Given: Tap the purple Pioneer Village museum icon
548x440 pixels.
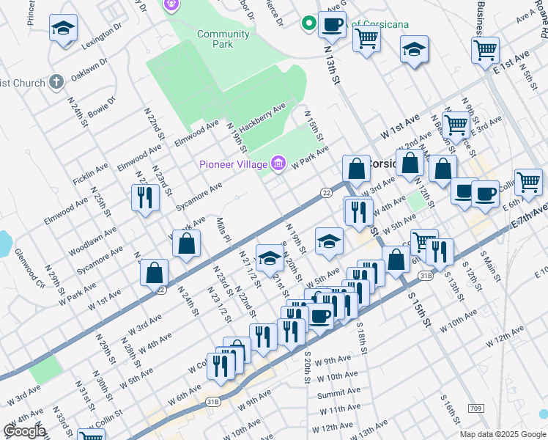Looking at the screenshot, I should (x=278, y=163).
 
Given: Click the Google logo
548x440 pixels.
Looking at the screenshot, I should (x=24, y=431).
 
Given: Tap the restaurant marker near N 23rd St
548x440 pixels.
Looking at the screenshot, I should (x=144, y=197).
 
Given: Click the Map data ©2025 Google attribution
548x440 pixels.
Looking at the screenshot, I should (x=503, y=434).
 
